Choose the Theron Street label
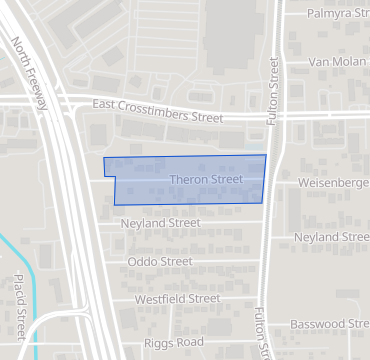click(x=207, y=180)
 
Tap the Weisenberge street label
click(x=334, y=183)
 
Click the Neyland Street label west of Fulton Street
click(x=160, y=223)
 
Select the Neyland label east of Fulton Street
click(x=331, y=237)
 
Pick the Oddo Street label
click(x=160, y=261)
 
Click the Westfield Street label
click(x=177, y=298)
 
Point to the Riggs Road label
click(x=174, y=341)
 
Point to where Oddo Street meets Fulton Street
click(x=264, y=261)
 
